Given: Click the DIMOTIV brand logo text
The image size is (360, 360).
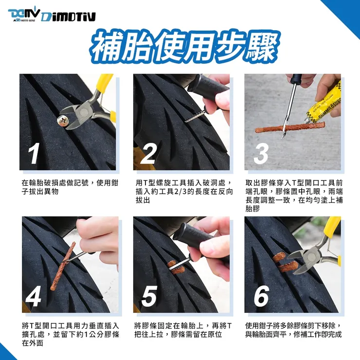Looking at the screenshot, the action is [69, 17].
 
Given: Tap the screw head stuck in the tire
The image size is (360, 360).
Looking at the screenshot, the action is [62, 121].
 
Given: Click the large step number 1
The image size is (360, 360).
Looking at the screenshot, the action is [34, 153].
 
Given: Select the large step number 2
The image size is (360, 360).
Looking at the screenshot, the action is [148, 153].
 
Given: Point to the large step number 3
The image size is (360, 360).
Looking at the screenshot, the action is [261, 153].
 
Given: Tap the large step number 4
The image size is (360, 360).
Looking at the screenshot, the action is [34, 296].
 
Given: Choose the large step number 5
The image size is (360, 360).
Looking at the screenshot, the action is [149, 296].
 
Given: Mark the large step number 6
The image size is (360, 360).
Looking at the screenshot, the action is [262, 296].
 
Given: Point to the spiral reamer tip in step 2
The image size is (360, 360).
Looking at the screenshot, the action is [195, 116].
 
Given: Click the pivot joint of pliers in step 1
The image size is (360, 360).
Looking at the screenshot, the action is [84, 112].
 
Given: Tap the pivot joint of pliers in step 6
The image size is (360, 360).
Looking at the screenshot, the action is [311, 256].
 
